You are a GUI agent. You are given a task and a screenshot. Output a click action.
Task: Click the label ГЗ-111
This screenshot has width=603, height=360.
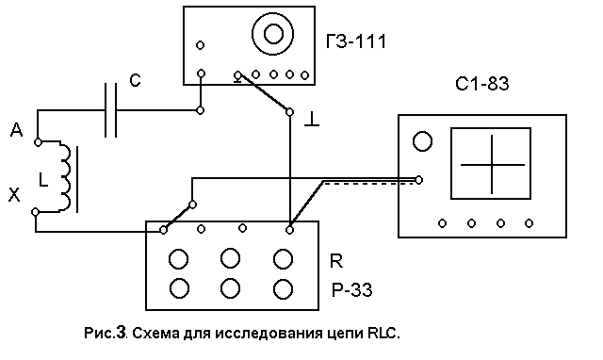point(356,41)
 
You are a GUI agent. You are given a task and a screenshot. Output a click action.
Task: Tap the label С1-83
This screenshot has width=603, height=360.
point(481,84)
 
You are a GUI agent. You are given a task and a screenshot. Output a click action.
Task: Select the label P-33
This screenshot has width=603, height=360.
point(351,290)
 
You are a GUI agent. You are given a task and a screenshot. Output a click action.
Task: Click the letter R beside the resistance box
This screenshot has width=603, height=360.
point(336,261)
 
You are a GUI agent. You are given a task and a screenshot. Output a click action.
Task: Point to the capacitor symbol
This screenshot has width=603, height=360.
point(111,110)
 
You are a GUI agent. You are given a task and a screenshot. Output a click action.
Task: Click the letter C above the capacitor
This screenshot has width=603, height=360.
point(135,80)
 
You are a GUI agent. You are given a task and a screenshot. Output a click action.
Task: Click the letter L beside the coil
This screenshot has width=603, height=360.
point(43,180)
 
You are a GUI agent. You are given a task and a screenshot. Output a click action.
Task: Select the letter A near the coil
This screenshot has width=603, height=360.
point(17,130)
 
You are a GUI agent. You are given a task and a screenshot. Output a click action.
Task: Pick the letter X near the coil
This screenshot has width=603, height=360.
point(14,195)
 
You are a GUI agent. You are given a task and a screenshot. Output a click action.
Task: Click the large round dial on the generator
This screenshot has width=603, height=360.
point(273,34)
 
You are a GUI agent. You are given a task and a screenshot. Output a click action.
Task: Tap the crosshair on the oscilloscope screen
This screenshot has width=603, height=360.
point(492,165)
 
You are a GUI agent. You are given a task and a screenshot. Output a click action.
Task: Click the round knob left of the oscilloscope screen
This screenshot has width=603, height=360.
point(422,141)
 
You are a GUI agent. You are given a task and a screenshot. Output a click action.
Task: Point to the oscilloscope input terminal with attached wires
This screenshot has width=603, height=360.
point(419,180)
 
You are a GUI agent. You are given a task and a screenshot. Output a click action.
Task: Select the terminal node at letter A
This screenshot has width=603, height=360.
point(38,142)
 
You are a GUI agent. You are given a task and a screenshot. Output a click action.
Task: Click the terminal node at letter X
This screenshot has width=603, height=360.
point(35,212)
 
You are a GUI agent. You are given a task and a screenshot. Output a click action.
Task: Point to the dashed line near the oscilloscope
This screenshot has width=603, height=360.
point(369,184)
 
